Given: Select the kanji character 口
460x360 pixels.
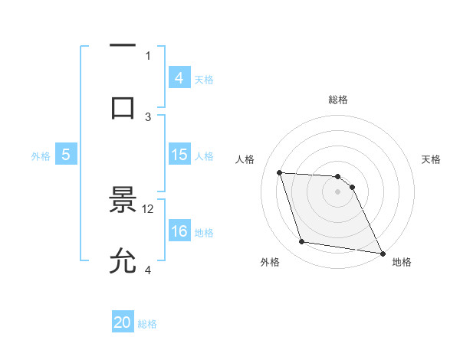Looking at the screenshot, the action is click(123, 108).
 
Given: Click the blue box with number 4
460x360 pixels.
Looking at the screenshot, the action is click(179, 78).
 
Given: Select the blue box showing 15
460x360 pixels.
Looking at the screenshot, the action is click(179, 155).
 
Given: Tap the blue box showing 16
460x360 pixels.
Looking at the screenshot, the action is click(179, 231).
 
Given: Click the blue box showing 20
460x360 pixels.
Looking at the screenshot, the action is click(123, 323).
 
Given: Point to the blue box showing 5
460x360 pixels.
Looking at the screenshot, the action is click(66, 155).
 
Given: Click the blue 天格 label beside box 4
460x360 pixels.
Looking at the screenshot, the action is click(204, 79).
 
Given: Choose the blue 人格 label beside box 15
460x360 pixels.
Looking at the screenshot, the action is click(204, 155).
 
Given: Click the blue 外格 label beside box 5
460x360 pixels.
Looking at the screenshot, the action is click(41, 155).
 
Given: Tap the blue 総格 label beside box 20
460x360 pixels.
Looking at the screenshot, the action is click(147, 324).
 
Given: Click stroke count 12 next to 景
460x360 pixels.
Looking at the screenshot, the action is click(149, 208).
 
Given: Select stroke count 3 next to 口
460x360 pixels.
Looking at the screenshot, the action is click(149, 116).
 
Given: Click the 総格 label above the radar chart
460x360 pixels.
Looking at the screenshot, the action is click(338, 100).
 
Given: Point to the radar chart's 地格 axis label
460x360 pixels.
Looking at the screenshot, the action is click(402, 262).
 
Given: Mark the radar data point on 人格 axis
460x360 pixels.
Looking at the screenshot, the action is click(280, 172).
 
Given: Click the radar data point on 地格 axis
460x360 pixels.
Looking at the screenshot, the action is click(382, 253).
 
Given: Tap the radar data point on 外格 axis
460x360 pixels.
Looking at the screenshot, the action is click(302, 242).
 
